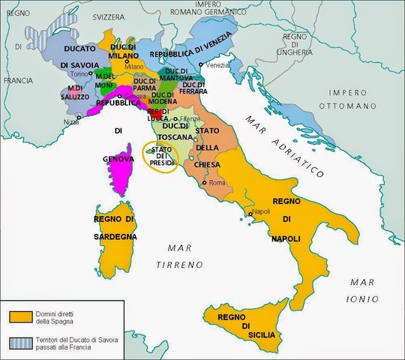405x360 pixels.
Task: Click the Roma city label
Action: (217, 183)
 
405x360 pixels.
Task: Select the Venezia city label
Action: (217, 65)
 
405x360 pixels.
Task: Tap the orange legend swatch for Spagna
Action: (20, 314)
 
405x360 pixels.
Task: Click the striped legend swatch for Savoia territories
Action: (20, 340)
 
